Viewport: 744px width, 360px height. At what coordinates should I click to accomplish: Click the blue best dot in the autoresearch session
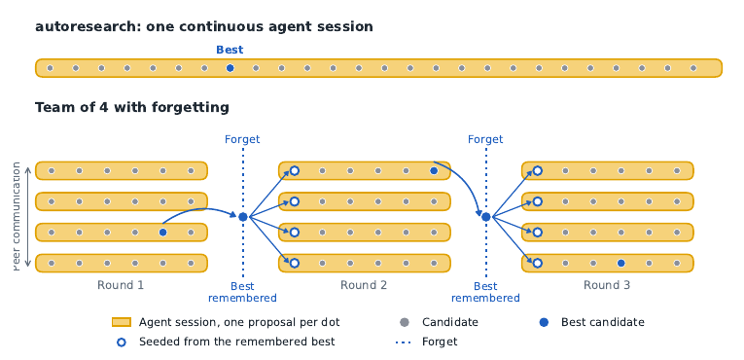click(x=230, y=68)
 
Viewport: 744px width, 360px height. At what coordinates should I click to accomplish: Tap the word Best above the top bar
click(x=230, y=50)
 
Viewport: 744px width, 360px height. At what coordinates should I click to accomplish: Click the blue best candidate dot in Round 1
click(x=162, y=233)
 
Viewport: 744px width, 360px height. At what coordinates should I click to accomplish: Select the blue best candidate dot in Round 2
click(x=434, y=170)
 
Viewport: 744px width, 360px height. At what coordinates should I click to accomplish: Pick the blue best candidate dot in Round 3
click(x=621, y=263)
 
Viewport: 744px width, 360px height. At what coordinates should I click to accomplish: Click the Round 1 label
click(x=121, y=285)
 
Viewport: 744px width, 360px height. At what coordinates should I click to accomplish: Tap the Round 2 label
click(x=364, y=285)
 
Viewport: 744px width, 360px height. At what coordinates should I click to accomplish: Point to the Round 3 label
click(x=607, y=285)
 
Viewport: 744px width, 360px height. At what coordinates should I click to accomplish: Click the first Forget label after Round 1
click(x=242, y=139)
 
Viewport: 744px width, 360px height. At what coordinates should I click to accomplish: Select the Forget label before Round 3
click(x=485, y=139)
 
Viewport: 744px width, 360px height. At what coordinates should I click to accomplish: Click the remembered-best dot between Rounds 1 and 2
click(x=243, y=217)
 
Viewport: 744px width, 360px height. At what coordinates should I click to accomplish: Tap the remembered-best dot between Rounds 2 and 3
click(x=486, y=217)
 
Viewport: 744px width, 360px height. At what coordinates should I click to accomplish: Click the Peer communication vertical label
click(x=17, y=217)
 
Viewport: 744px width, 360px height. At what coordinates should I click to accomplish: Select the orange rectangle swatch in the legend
click(x=122, y=322)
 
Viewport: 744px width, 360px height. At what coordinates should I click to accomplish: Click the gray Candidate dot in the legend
click(x=405, y=322)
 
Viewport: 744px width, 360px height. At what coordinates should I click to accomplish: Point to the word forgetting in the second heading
click(x=191, y=108)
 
